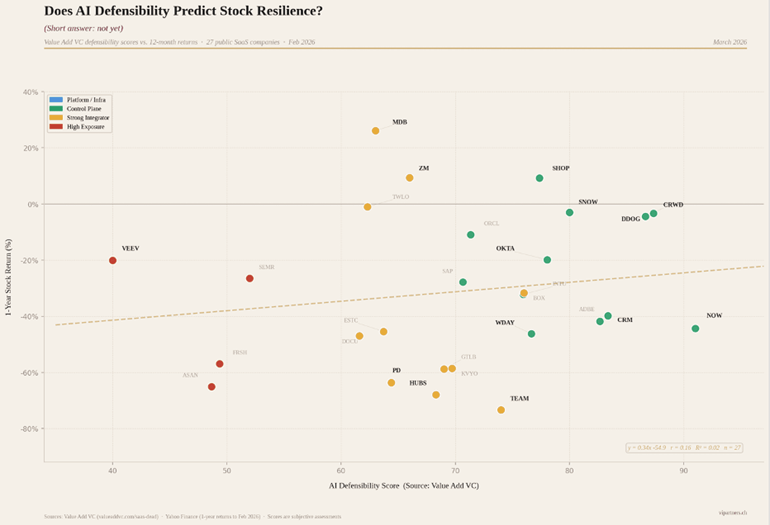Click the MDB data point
(376, 131)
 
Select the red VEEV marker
(113, 261)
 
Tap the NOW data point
(695, 329)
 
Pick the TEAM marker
(501, 410)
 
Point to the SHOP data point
(540, 178)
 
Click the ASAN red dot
(212, 387)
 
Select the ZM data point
(410, 178)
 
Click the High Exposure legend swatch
(56, 127)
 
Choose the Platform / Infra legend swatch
(56, 100)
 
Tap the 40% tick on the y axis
(30, 92)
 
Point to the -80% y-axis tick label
(29, 429)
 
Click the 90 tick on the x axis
(683, 471)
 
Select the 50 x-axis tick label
(227, 471)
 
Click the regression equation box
(684, 448)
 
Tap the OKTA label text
(505, 248)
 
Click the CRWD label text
(673, 205)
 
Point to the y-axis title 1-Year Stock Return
(8, 277)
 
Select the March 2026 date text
(730, 42)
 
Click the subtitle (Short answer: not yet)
(84, 29)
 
